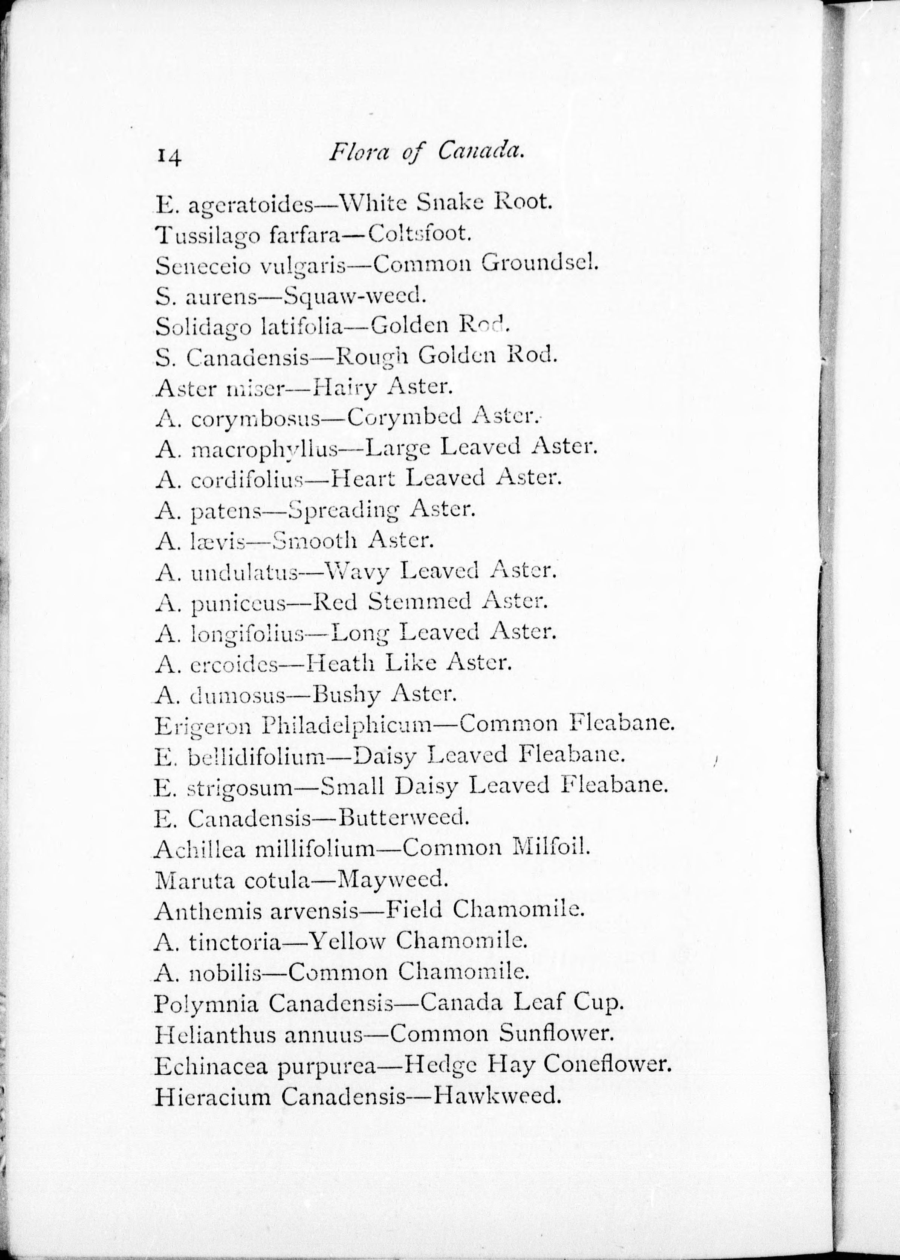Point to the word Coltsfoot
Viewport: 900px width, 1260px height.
tap(420, 234)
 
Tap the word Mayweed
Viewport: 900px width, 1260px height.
tap(391, 879)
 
